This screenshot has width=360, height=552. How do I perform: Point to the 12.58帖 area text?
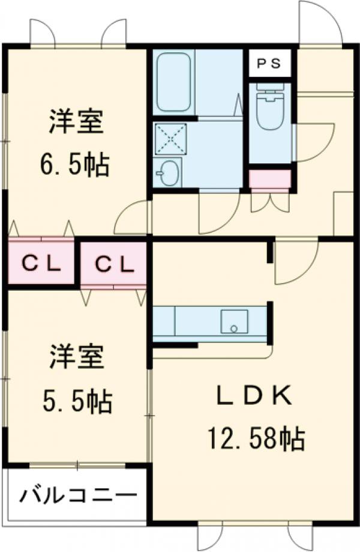tap(256, 440)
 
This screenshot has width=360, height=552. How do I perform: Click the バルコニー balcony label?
tap(77, 497)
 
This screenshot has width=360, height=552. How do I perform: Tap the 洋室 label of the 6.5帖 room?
tap(77, 124)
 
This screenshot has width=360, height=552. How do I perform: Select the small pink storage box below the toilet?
tap(270, 179)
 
